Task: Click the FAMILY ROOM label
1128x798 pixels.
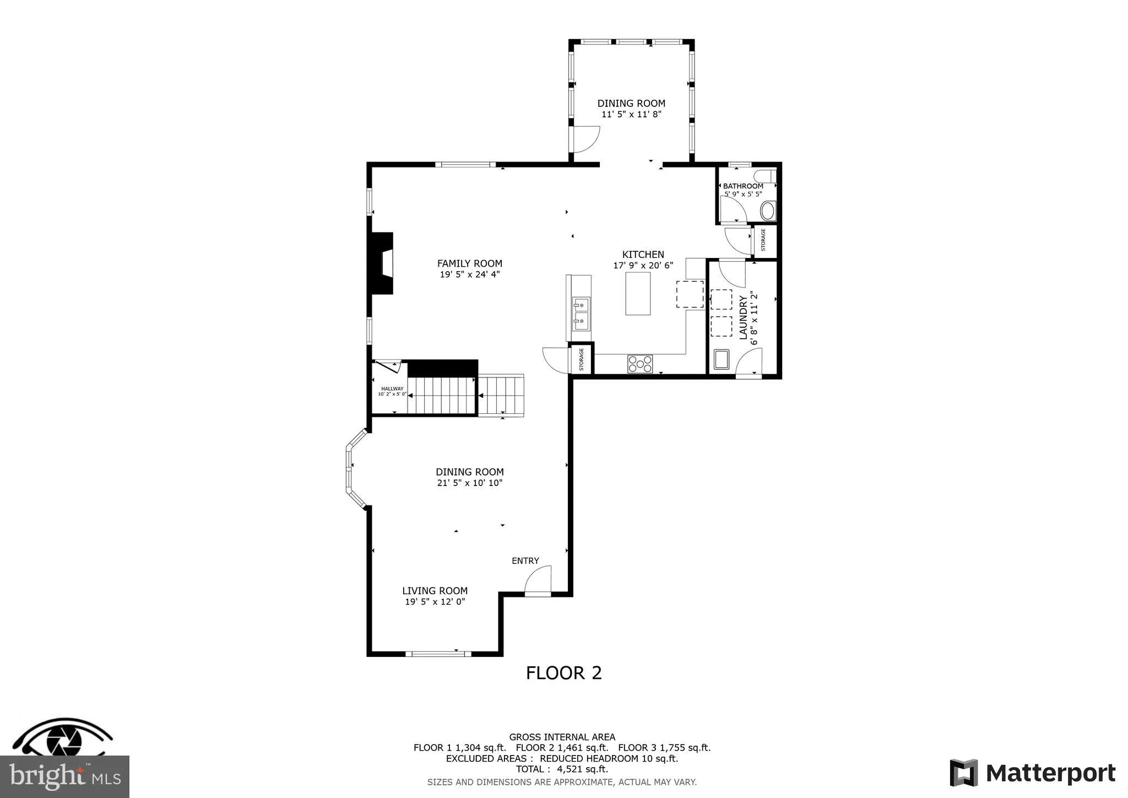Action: pos(469,263)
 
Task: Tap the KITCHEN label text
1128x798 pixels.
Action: pos(643,255)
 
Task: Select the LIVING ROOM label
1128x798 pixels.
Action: pos(435,591)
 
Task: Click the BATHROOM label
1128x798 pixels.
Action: pos(742,186)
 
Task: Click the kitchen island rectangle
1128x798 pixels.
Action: pos(637,294)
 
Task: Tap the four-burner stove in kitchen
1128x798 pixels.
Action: pos(640,364)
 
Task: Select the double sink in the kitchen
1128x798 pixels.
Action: pos(581,312)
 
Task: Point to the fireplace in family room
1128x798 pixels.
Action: pos(382,263)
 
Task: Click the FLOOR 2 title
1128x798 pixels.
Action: pos(563,673)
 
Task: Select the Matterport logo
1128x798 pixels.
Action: pos(1033,773)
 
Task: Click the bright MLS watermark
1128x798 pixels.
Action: pos(64,777)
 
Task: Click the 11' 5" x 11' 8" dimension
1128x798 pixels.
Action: pos(631,115)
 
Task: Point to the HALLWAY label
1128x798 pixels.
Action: pos(392,389)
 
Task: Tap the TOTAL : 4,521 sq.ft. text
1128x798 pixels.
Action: pos(561,769)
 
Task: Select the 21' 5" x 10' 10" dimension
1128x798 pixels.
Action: pos(469,483)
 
